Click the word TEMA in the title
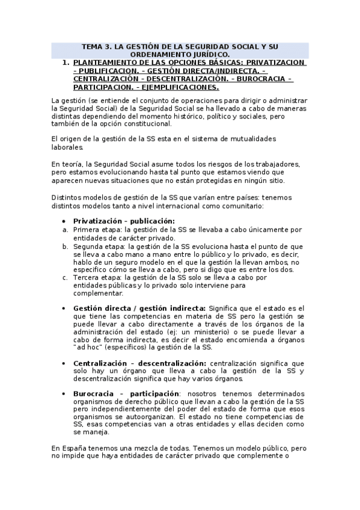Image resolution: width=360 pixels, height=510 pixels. tap(93, 46)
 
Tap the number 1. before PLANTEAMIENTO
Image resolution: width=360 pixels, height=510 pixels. tap(66, 63)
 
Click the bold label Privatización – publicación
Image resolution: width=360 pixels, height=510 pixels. tap(124, 221)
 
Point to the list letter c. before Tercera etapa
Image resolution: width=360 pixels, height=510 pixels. tap(65, 278)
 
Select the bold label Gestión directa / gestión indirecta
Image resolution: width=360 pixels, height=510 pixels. tap(139, 309)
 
